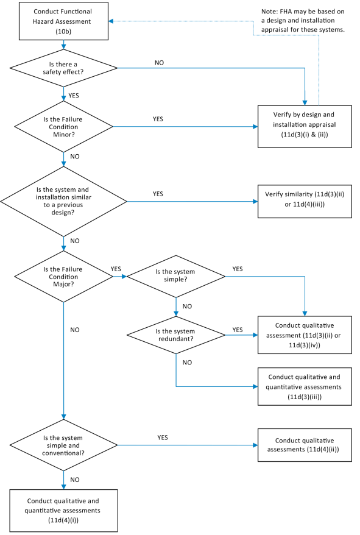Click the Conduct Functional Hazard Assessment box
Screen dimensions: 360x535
[63, 21]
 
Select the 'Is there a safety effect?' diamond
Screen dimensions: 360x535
[63, 68]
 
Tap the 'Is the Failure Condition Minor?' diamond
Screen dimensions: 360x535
[63, 127]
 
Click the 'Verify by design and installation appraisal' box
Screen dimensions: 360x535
[305, 127]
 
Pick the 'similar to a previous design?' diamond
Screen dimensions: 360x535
[63, 201]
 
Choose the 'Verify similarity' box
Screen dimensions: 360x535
[305, 201]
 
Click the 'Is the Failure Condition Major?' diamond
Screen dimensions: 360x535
[63, 277]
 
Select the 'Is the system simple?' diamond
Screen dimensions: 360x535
[175, 277]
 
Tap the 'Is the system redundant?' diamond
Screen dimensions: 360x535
[175, 335]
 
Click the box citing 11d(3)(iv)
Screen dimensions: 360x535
[305, 335]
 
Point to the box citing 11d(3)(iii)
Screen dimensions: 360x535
[305, 386]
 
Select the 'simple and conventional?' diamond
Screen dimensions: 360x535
[63, 445]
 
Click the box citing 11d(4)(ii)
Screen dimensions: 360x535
[305, 445]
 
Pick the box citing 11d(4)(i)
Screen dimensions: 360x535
[63, 511]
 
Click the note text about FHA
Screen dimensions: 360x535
[303, 21]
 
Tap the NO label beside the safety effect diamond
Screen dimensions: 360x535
[160, 63]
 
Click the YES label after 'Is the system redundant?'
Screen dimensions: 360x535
[238, 330]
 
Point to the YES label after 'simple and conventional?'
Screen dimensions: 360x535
[163, 438]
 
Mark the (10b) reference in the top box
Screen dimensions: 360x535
[63, 32]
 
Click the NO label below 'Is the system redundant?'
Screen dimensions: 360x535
[188, 363]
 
